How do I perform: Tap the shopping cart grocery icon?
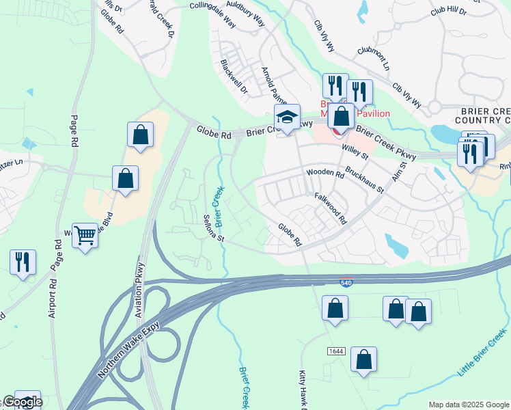tap(85, 236)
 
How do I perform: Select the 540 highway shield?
tap(347, 282)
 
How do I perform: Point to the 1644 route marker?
tap(335, 351)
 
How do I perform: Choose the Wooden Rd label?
tap(325, 174)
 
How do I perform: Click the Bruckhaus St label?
tap(364, 179)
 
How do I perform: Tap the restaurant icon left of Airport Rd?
tap(23, 262)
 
